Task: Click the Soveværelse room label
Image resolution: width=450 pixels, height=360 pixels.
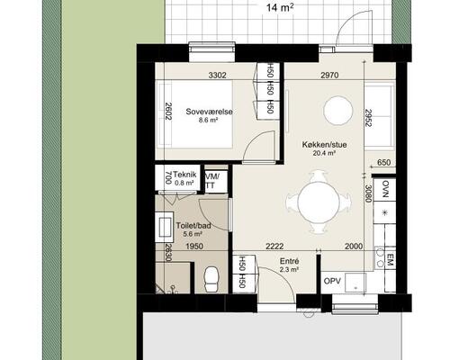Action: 209,112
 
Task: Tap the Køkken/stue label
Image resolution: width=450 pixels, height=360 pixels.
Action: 324,145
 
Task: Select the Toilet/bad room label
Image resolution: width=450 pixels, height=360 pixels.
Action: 193,226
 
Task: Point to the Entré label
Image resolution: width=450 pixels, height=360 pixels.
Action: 289,261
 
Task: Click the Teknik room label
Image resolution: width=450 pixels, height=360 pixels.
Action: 184,175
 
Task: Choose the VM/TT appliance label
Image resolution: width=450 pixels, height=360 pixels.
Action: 212,181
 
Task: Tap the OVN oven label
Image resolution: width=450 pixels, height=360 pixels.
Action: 385,189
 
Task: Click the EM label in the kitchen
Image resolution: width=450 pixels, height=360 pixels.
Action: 390,259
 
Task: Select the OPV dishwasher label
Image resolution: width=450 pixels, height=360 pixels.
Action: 332,282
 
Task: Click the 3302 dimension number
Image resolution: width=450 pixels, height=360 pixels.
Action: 217,75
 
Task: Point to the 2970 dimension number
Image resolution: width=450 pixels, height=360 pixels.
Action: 329,75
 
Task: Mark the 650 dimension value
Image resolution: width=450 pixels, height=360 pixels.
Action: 383,163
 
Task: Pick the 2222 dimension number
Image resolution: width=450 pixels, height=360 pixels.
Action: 274,247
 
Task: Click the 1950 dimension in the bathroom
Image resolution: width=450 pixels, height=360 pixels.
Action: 194,247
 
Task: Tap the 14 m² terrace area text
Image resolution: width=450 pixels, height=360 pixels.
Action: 280,8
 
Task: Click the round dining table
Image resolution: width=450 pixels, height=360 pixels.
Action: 319,202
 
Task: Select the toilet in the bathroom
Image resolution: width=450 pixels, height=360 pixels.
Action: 211,279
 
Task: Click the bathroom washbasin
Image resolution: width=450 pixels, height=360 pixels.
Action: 165,227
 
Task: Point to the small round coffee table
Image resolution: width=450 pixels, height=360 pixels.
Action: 338,110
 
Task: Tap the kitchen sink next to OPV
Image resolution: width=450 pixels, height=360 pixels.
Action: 355,283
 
